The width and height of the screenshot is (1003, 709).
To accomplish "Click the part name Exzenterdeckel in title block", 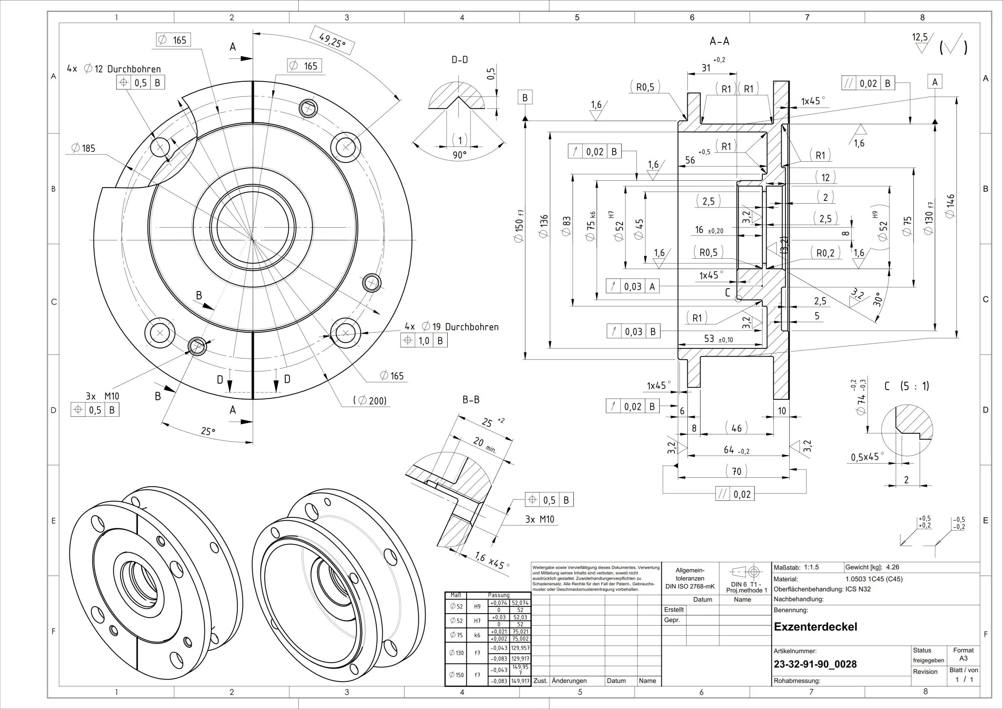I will point(815,627).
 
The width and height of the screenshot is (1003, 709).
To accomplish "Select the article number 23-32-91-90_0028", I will point(815,665).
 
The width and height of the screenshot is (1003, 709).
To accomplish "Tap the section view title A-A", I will point(720,42).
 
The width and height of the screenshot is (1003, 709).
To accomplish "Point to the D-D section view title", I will point(460,60).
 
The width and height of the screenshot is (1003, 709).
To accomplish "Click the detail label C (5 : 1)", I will point(906,386).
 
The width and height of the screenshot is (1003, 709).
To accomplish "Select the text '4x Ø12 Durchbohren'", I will point(114,69).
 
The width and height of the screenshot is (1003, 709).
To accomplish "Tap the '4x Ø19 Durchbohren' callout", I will point(451,327).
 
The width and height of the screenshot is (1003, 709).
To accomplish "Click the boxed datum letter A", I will point(934,82).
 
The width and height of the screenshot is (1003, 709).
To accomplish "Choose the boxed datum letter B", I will point(525,97).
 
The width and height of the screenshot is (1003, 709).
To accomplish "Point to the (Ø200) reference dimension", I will point(370,401).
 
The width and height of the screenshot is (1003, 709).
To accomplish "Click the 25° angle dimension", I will point(208,432).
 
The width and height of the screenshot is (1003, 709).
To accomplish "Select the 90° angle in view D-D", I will point(460,155).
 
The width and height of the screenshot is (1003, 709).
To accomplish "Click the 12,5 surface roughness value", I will point(920,38).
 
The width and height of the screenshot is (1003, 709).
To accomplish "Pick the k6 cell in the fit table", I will point(477,635).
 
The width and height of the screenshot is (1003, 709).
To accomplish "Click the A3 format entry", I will point(963,658).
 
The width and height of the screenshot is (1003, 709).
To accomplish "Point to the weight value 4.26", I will point(893,568).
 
